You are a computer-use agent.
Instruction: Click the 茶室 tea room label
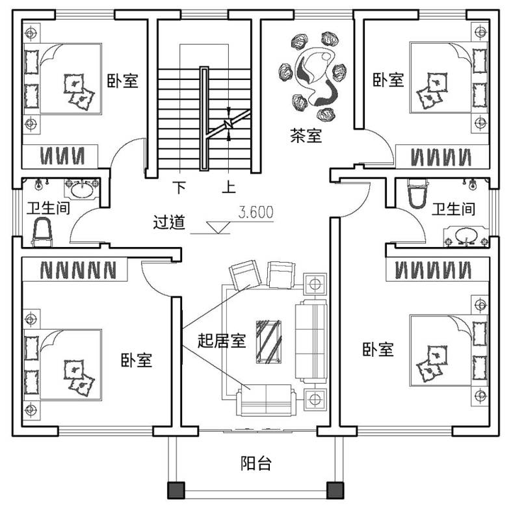(306, 135)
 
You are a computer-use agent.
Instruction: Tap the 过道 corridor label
(169, 222)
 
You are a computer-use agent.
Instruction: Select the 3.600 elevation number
(256, 213)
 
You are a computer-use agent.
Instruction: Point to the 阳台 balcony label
(256, 463)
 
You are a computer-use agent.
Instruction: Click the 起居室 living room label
(222, 341)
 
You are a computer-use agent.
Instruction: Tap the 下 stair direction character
(179, 187)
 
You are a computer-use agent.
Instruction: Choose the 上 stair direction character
(229, 187)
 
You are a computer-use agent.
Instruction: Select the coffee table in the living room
(269, 342)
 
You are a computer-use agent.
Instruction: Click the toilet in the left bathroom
(42, 233)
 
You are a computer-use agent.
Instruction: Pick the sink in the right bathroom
(466, 235)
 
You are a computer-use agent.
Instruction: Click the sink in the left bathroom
(82, 189)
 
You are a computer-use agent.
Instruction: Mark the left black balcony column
(176, 490)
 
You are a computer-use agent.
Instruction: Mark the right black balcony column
(335, 490)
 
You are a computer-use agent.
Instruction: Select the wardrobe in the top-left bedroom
(60, 157)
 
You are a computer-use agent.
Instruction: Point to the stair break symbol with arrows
(229, 124)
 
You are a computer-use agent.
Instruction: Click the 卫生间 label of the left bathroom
(48, 208)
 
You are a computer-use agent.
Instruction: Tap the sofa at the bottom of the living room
(266, 400)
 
